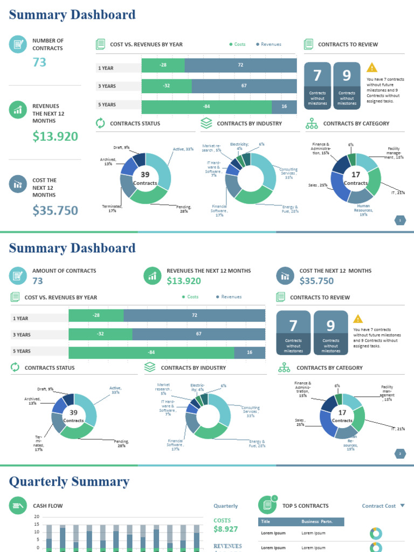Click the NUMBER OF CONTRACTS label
click(x=48, y=44)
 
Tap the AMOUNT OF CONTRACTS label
click(x=64, y=271)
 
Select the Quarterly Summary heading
click(x=70, y=481)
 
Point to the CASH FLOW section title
click(x=48, y=506)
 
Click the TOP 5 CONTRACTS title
click(x=305, y=506)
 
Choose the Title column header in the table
click(x=266, y=522)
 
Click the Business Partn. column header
click(x=317, y=522)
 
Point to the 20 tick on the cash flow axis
click(x=37, y=517)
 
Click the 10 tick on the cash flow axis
click(x=37, y=532)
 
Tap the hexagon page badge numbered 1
click(x=400, y=220)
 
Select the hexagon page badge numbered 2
click(x=400, y=454)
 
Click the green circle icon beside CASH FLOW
click(x=18, y=506)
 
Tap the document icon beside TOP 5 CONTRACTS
click(x=267, y=505)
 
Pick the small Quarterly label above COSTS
click(x=225, y=506)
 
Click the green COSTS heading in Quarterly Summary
click(x=222, y=520)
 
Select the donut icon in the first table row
click(x=376, y=533)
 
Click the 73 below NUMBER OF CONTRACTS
click(x=39, y=63)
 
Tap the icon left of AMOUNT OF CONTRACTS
click(x=18, y=275)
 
